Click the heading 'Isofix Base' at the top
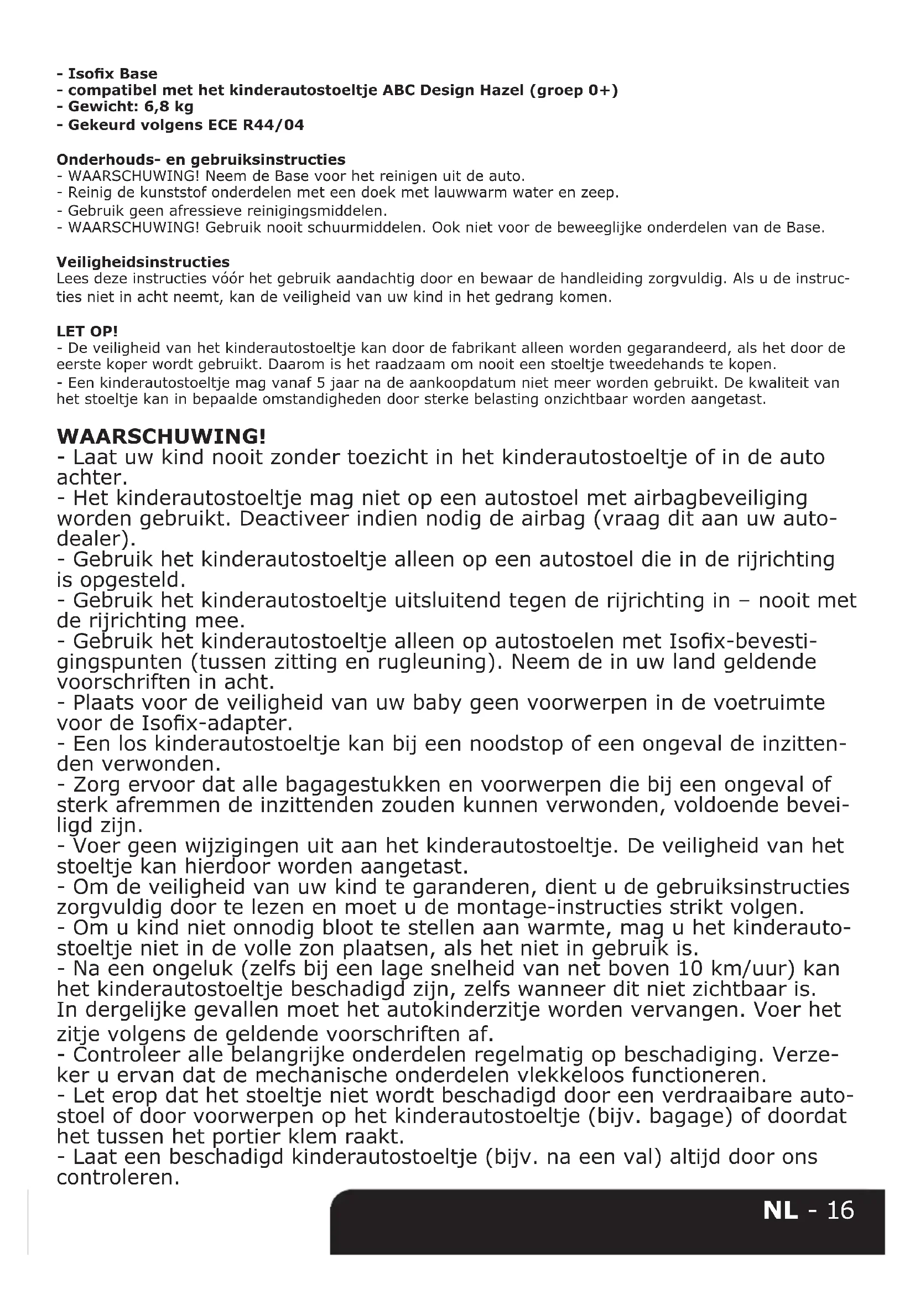point(112,74)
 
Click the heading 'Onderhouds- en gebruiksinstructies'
point(201,159)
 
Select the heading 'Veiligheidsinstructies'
point(143,262)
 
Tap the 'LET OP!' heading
point(87,331)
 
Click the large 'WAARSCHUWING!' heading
point(161,436)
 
